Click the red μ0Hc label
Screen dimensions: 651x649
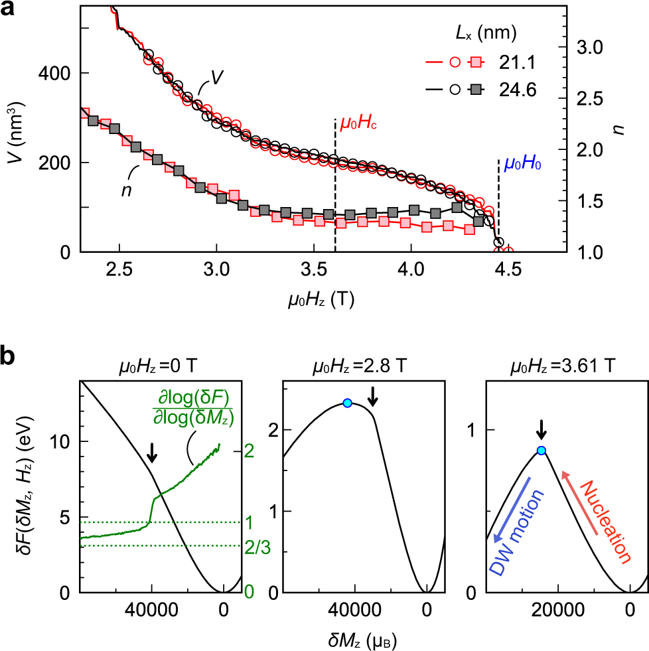coord(359,123)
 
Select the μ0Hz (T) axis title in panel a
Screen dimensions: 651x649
coord(321,300)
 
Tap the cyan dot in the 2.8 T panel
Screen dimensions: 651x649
coord(347,403)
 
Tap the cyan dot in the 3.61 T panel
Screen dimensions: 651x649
coord(541,451)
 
